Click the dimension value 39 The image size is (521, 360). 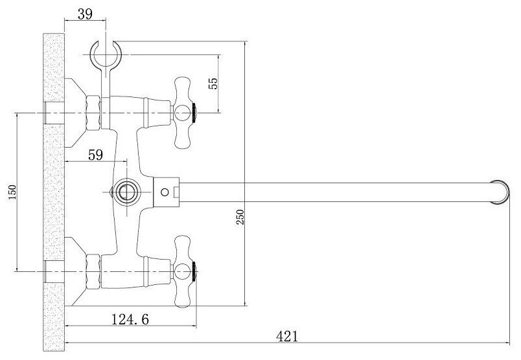pyautogui.click(x=85, y=14)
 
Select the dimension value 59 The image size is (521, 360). pyautogui.click(x=96, y=155)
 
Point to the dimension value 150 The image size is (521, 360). pyautogui.click(x=12, y=192)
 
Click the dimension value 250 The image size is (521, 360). pyautogui.click(x=240, y=217)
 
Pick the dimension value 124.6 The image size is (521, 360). pyautogui.click(x=130, y=319)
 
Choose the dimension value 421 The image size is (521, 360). pyautogui.click(x=287, y=337)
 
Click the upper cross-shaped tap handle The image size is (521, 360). pyautogui.click(x=183, y=113)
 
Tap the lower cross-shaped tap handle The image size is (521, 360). pyautogui.click(x=183, y=272)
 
